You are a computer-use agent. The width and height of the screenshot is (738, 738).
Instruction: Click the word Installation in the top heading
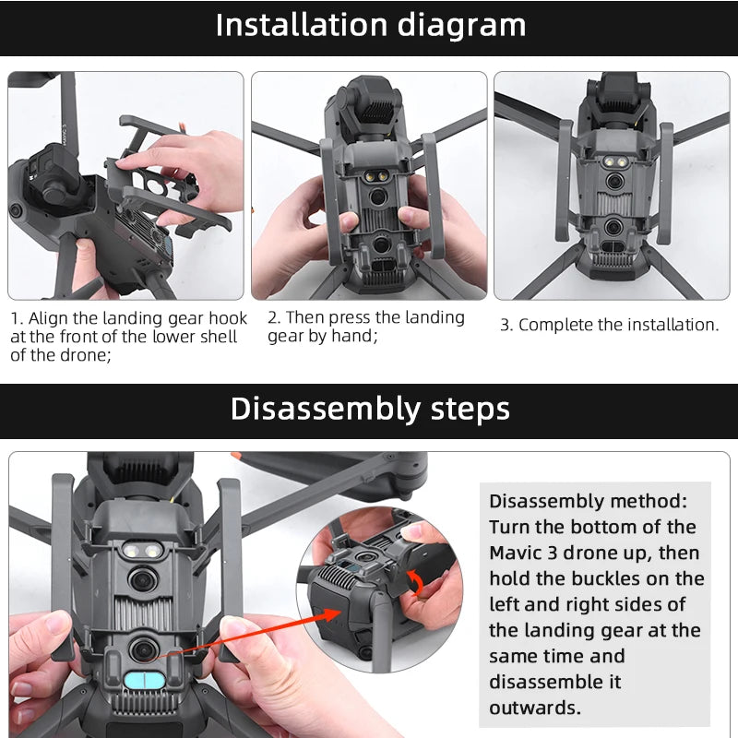point(303,25)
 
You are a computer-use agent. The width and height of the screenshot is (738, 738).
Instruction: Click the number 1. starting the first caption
point(17,318)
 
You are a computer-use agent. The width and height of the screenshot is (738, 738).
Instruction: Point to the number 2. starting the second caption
point(274,317)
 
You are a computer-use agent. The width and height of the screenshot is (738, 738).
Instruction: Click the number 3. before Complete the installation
point(506,325)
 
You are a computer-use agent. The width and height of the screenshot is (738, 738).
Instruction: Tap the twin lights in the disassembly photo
point(141,550)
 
